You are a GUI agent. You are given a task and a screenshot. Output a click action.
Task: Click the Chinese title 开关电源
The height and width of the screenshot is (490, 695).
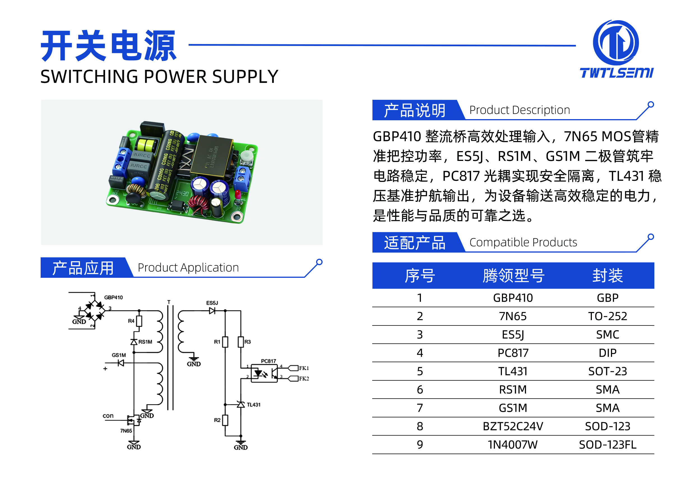[108, 46]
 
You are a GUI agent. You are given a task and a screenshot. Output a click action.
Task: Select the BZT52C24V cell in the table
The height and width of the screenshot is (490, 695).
[513, 426]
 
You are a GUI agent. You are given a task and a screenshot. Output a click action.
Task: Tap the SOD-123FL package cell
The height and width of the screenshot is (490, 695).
[608, 445]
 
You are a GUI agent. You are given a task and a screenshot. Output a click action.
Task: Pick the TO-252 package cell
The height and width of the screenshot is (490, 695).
[608, 316]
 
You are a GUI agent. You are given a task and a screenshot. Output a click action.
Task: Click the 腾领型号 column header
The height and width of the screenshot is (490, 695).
[513, 276]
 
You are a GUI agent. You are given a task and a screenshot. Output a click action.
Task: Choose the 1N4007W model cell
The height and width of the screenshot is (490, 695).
[513, 445]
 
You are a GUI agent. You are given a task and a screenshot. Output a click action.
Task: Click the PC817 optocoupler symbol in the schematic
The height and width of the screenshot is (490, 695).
[264, 373]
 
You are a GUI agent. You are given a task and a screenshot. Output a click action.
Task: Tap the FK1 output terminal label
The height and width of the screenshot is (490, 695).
[304, 368]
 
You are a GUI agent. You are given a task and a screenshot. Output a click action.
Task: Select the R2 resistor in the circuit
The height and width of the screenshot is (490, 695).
[225, 420]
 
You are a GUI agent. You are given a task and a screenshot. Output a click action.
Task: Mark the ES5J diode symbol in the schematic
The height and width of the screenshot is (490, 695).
[212, 311]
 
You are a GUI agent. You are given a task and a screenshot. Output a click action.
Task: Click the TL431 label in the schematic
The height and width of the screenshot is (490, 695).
[254, 405]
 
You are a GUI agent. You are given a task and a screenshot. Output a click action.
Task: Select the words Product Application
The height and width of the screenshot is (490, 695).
[188, 268]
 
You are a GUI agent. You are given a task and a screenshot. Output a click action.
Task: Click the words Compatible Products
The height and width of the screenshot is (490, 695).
[523, 242]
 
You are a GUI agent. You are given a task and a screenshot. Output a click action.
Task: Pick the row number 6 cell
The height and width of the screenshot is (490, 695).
[420, 389]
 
